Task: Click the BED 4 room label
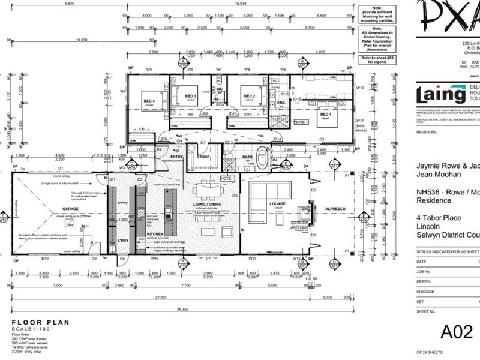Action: pos(149,101)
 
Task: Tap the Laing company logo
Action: pos(442,96)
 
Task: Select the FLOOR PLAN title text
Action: pos(41,322)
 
